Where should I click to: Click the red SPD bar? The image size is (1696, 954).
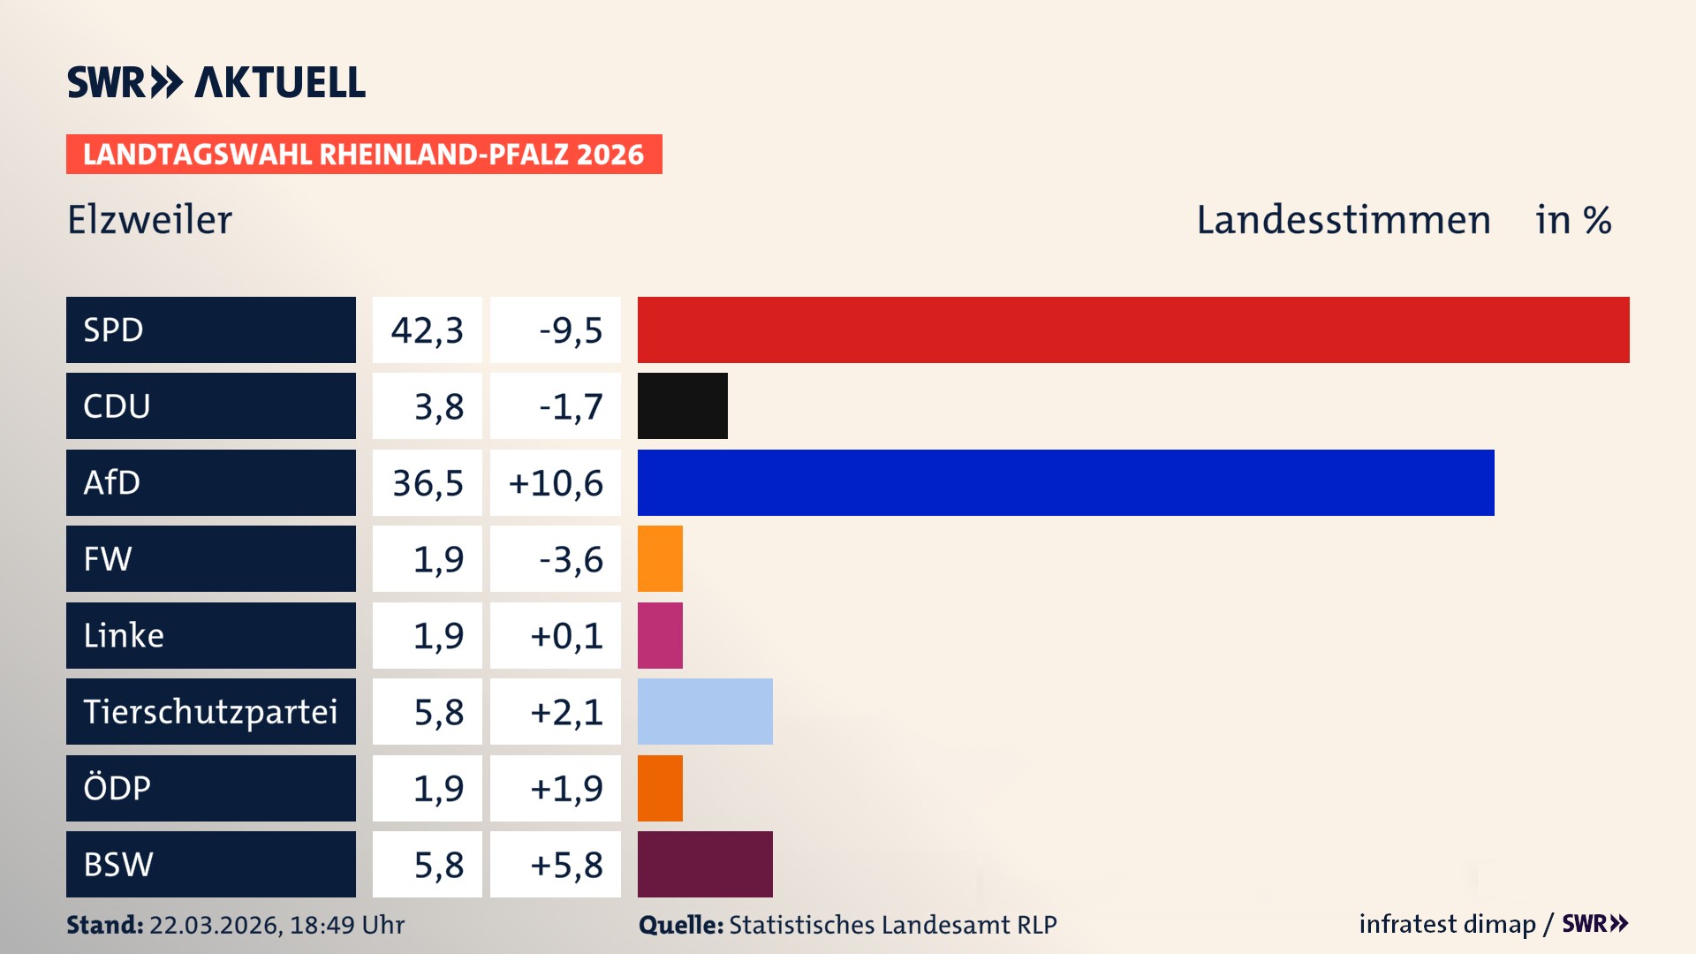1132,329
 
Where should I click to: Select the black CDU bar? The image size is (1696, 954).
682,406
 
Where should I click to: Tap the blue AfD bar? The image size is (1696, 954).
1065,482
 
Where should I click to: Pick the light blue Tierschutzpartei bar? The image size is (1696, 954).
705,711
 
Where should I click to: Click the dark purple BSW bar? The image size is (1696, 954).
705,864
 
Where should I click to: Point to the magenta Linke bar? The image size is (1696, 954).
660,635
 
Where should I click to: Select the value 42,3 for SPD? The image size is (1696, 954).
428,330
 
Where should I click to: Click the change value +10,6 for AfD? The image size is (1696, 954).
556,483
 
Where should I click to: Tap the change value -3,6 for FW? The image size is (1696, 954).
570,559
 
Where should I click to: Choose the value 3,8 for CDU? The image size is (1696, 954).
438,407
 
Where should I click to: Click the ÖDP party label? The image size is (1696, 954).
117,788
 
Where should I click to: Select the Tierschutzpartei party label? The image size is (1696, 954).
210,711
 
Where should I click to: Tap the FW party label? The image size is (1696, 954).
108,559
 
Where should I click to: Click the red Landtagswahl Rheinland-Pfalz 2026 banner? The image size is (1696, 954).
364,155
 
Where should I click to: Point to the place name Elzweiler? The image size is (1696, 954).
149,220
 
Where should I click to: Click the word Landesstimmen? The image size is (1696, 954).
1343,220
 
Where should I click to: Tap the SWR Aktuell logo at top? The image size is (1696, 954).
216,82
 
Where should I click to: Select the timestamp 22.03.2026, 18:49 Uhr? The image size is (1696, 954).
276,925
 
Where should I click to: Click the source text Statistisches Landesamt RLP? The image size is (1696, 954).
892,925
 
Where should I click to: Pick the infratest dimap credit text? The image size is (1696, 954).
1447,924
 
